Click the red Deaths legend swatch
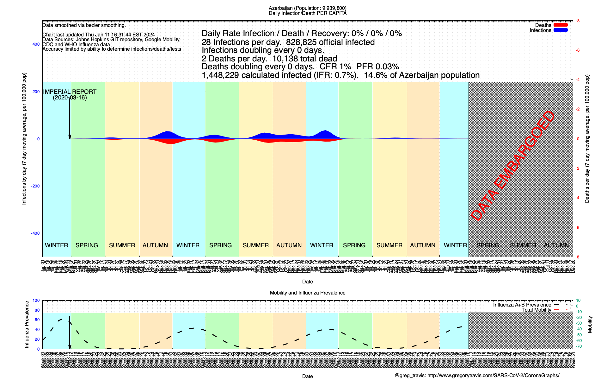click(x=561, y=25)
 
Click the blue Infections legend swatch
click(x=561, y=30)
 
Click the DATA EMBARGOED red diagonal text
click(x=512, y=166)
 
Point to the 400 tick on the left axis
click(x=36, y=44)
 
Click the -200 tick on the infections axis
click(x=35, y=186)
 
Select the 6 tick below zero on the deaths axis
click(x=578, y=228)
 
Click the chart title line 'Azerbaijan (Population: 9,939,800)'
click(x=307, y=8)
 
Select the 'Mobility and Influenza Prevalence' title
click(x=307, y=293)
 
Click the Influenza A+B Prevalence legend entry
click(x=522, y=305)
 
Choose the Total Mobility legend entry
click(x=536, y=310)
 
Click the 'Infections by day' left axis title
click(x=24, y=139)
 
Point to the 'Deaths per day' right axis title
click(x=587, y=139)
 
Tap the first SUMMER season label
click(x=122, y=245)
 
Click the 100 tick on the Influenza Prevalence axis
click(x=36, y=301)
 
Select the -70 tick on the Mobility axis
click(x=579, y=346)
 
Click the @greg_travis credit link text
click(x=477, y=376)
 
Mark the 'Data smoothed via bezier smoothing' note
click(x=84, y=25)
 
